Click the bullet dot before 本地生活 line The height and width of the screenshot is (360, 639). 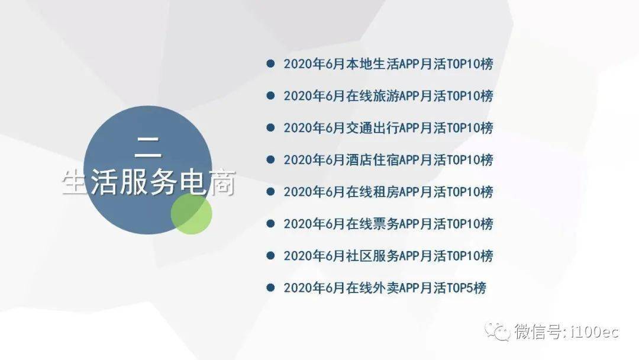270,63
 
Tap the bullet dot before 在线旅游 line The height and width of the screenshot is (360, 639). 270,95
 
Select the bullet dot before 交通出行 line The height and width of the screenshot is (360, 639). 270,127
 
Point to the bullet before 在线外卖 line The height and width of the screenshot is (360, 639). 270,287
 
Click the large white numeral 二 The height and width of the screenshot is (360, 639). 148,147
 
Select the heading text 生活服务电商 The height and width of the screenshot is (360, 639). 149,182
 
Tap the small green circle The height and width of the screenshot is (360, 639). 191,214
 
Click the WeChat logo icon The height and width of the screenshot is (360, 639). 498,331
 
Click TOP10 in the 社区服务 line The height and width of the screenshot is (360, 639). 463,256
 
